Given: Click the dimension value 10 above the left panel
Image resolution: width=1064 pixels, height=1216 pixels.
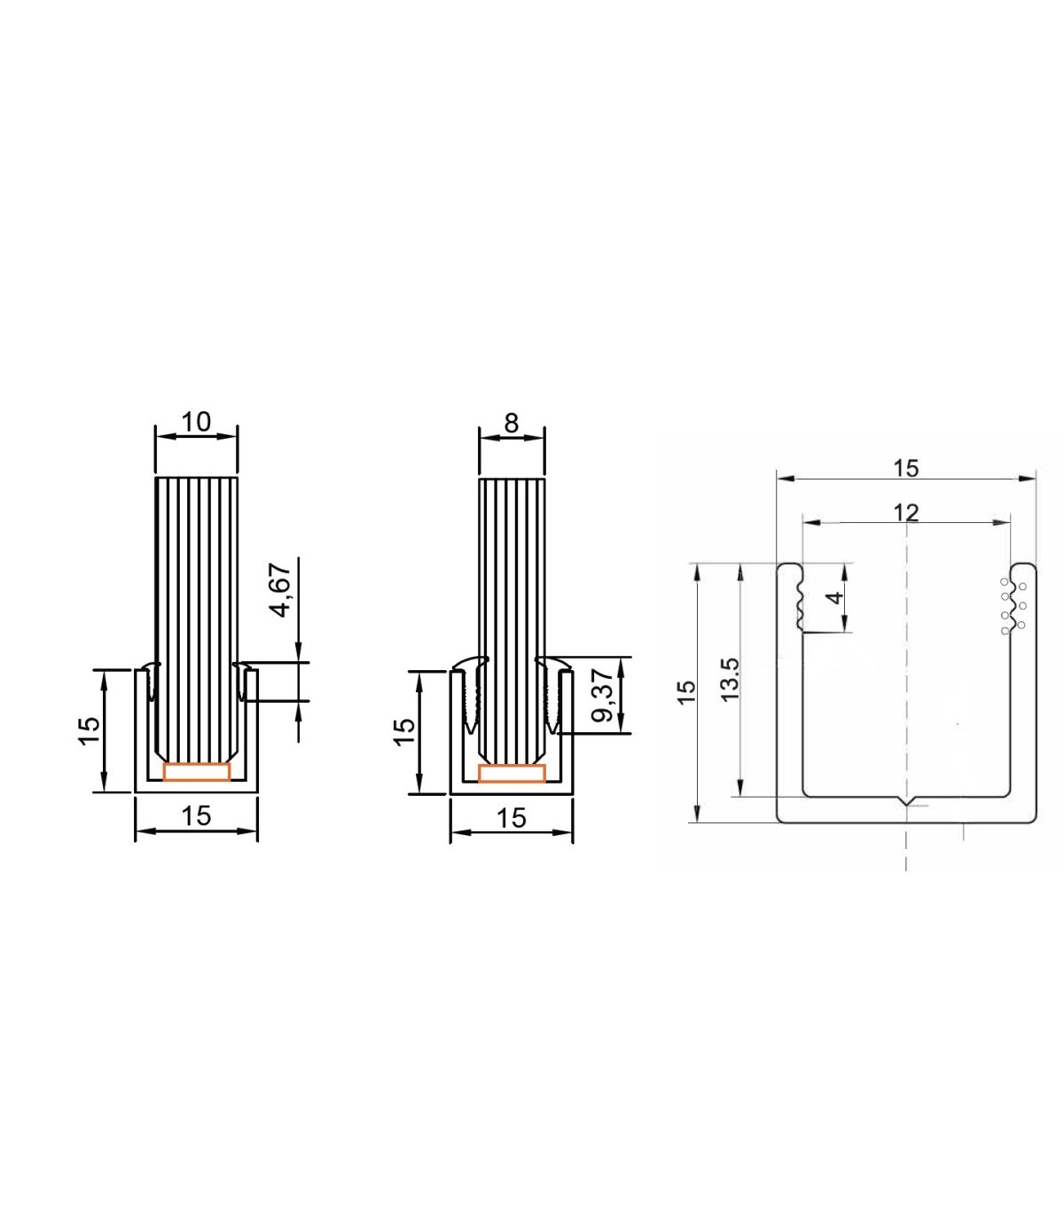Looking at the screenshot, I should (196, 421).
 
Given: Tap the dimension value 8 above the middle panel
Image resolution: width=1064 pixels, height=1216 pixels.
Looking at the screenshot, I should (511, 423).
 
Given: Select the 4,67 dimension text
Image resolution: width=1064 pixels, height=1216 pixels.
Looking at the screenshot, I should (280, 591).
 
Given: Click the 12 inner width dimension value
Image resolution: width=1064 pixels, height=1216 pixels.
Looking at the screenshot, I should (905, 512).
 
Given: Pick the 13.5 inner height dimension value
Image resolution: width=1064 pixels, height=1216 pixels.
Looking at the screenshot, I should (730, 680).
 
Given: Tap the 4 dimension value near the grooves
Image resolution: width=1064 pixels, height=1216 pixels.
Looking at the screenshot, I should (834, 598).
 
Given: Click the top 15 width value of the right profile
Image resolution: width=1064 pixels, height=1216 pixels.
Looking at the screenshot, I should (905, 467).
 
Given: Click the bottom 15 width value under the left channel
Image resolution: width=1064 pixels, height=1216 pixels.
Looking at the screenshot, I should (196, 815).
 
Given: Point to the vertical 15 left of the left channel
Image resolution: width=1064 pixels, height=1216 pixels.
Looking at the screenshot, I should (89, 730).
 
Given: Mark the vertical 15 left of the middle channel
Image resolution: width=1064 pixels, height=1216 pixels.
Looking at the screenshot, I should (403, 730).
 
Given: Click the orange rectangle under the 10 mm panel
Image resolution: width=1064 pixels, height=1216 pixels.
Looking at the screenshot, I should (197, 772).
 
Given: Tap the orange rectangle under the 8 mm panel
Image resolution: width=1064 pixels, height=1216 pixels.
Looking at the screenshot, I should (512, 773).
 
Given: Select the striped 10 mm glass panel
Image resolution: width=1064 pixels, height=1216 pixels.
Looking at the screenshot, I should (197, 612).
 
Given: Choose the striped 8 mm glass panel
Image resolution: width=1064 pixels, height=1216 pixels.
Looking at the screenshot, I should (511, 612).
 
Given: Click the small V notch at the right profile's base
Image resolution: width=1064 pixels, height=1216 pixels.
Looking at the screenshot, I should (906, 801).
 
